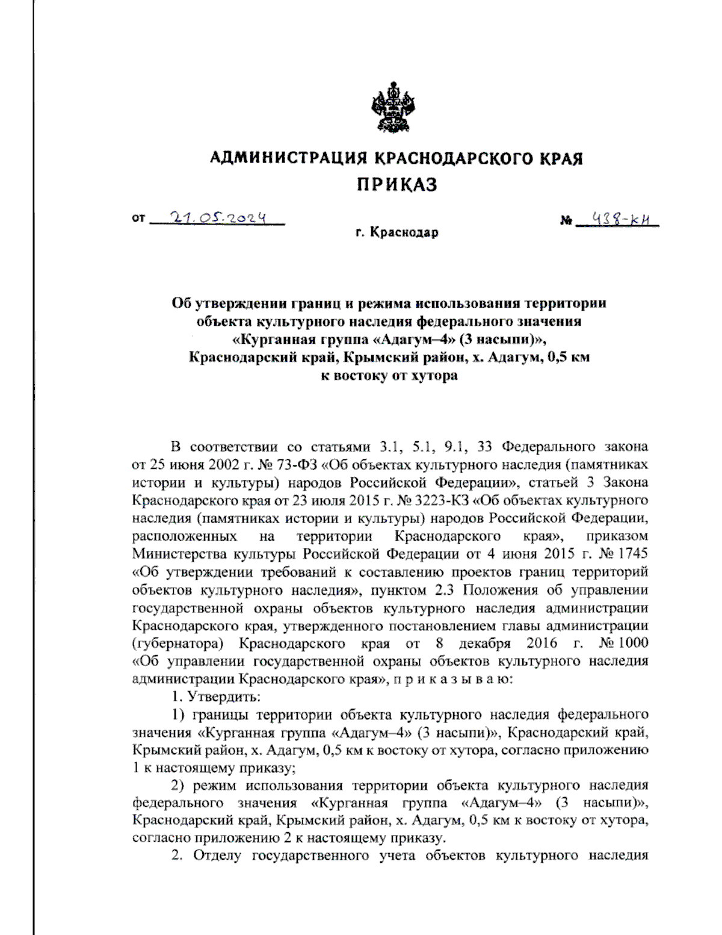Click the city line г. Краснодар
coord(396,232)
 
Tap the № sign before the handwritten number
coord(566,222)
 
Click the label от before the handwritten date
coord(138,219)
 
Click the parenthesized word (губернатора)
coord(178,642)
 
